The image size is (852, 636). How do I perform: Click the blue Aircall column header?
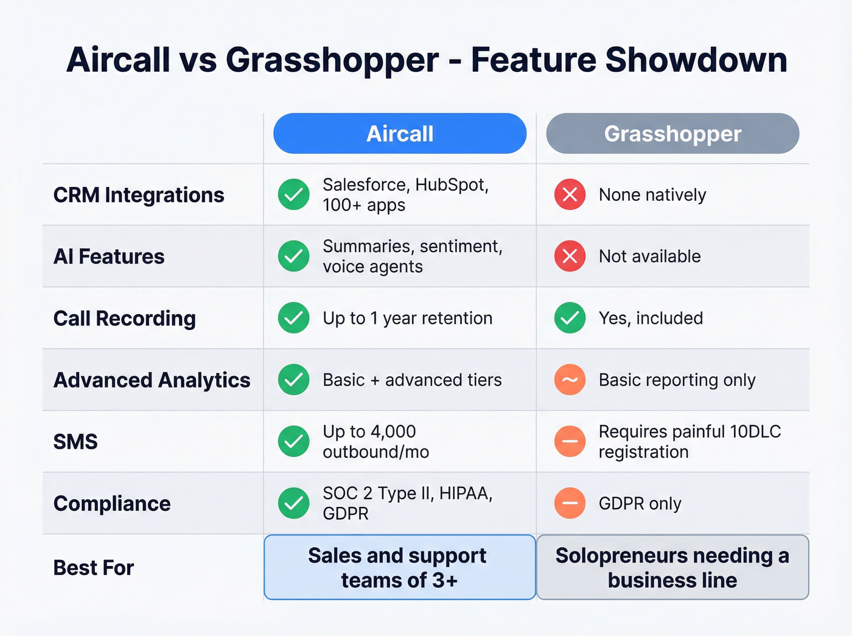[x=400, y=133]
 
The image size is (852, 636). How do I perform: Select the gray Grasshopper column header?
[x=672, y=133]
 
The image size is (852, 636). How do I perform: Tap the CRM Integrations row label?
[x=139, y=195]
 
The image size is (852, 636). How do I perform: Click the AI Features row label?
[x=109, y=256]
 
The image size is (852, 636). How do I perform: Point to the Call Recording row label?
[x=125, y=318]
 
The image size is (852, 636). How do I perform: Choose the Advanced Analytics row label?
[x=152, y=380]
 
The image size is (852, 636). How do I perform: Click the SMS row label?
[x=75, y=441]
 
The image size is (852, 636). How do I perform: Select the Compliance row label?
[x=112, y=503]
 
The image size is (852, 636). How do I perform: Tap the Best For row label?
[x=94, y=567]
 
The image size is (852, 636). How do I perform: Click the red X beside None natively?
[x=570, y=195]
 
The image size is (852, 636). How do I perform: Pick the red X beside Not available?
[x=570, y=256]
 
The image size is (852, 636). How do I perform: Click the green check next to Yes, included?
[x=570, y=318]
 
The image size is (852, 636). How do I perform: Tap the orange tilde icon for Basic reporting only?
[x=570, y=380]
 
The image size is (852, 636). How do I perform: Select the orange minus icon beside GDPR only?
[x=570, y=503]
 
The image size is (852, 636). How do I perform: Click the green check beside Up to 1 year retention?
[x=293, y=318]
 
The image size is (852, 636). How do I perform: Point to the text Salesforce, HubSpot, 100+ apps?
[x=405, y=195]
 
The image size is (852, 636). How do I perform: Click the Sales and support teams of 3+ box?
[x=399, y=567]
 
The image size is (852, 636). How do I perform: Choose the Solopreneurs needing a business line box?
[x=672, y=567]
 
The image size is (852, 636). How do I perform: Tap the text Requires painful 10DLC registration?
[x=689, y=441]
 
